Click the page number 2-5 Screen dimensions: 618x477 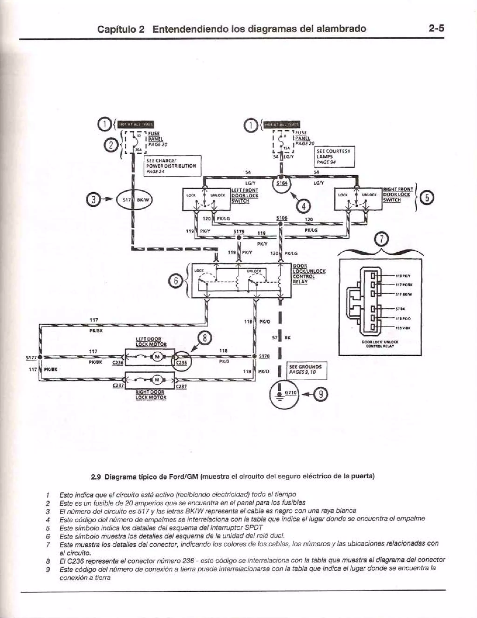tap(436, 28)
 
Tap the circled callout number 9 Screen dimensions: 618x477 tap(323, 394)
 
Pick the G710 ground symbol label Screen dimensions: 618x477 tap(290, 393)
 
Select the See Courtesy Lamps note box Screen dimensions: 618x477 tap(335, 156)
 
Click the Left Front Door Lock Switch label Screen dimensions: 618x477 tap(245, 196)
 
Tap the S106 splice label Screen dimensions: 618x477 tap(282, 218)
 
